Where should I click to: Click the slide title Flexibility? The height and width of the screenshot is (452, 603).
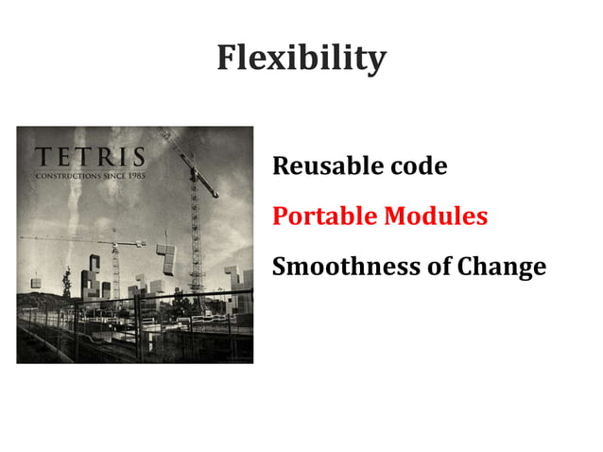[x=301, y=59]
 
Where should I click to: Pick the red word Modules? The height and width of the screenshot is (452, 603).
[x=436, y=217]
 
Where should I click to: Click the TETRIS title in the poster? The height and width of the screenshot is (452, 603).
[x=90, y=157]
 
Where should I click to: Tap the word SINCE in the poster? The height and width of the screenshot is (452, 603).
[x=112, y=176]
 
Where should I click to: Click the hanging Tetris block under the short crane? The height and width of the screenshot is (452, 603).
[x=166, y=258]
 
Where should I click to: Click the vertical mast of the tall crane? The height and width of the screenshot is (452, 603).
[x=196, y=236]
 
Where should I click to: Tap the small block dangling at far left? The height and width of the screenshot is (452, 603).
[x=36, y=281]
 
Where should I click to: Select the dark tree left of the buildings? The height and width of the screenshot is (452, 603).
[x=66, y=281]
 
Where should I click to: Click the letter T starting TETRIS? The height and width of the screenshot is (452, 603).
[x=43, y=157]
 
